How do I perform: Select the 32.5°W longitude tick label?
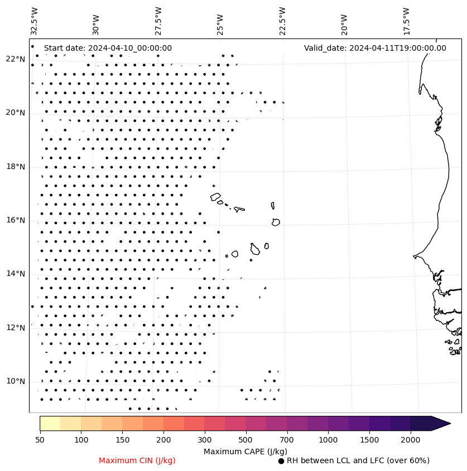35,21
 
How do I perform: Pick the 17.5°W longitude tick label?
406,21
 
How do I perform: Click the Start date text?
108,48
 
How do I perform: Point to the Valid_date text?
375,48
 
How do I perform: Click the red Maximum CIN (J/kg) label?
137,460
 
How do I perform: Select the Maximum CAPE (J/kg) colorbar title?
245,451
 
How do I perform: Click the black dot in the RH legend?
281,461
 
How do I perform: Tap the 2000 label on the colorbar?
411,440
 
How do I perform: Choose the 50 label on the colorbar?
40,440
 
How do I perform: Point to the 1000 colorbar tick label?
328,440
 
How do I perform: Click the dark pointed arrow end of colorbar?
441,423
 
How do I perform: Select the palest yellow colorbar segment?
50,423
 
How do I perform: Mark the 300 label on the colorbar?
205,440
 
